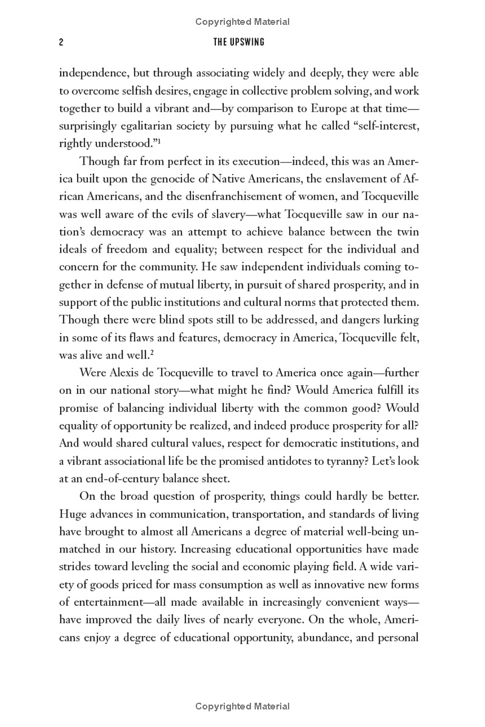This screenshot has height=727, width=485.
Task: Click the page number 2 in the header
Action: click(x=61, y=42)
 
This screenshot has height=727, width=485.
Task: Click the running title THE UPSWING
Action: click(x=242, y=42)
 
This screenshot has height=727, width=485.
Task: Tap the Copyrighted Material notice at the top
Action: click(x=242, y=22)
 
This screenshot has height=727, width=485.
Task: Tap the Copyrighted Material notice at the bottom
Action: click(x=242, y=706)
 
